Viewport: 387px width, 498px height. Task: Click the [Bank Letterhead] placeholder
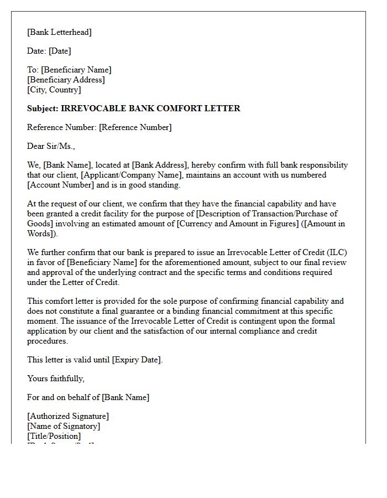(x=59, y=32)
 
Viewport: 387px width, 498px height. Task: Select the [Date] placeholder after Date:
(x=60, y=51)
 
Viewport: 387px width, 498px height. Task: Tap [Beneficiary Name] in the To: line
(x=76, y=70)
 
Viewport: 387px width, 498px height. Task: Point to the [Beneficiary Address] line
(x=66, y=80)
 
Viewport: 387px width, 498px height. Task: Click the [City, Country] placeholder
(x=54, y=90)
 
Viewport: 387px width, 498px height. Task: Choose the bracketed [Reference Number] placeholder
(x=135, y=127)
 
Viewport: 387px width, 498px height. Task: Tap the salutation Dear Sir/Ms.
(x=51, y=146)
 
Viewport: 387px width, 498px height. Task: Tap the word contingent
(x=231, y=321)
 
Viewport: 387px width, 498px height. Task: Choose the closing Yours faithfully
(x=56, y=378)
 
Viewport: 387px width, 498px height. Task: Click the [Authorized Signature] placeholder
(x=68, y=416)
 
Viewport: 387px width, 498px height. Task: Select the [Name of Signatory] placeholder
(x=64, y=426)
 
